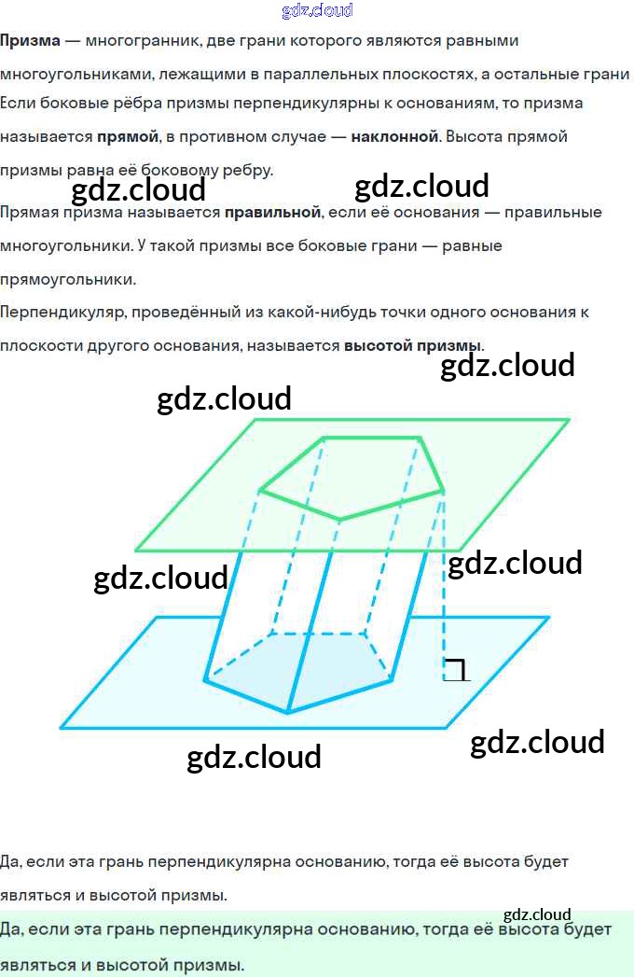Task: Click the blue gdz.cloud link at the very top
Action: tap(317, 10)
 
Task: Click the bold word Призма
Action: tap(30, 41)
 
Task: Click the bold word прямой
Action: tap(128, 137)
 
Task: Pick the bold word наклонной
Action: tap(394, 137)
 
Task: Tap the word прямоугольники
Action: tap(68, 278)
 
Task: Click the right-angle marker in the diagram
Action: tap(456, 669)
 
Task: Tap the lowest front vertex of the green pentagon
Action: tap(338, 519)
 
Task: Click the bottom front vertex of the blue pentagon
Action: tap(287, 713)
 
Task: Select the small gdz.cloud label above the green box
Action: tap(537, 914)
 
